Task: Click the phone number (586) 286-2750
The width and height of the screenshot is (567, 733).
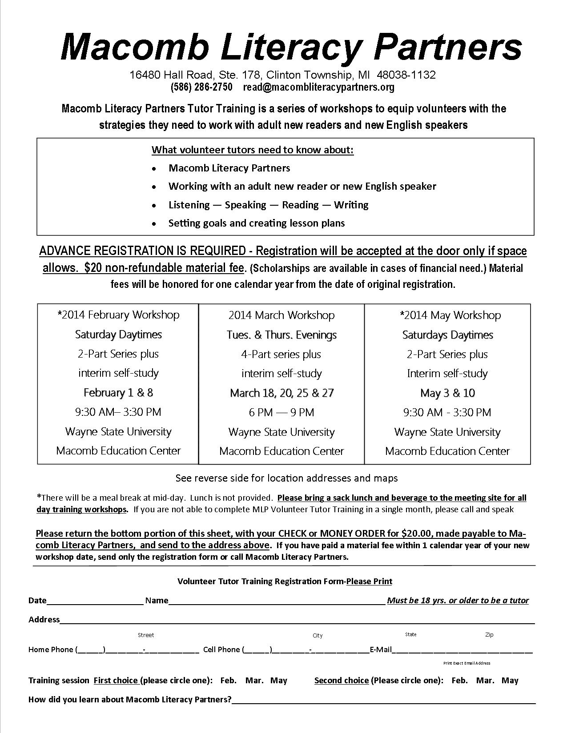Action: coord(201,87)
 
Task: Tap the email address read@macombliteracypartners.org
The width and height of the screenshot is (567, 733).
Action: coord(318,87)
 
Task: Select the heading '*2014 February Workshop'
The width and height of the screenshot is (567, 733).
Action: coord(118,315)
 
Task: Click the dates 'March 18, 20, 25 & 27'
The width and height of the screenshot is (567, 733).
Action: coord(281,393)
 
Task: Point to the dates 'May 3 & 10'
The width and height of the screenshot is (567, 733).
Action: coord(447,393)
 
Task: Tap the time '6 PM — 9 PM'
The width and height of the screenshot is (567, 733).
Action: coord(281,413)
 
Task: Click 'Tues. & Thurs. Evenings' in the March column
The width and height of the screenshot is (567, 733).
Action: coord(281,335)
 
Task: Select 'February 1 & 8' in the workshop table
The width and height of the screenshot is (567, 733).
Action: coord(118,393)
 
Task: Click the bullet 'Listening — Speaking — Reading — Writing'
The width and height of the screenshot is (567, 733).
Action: coord(268,205)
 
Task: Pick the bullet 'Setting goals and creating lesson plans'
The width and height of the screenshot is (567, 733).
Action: coord(257,223)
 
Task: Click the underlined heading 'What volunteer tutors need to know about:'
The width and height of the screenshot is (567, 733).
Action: coord(253,150)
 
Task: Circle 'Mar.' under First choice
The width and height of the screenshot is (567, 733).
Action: coord(255,680)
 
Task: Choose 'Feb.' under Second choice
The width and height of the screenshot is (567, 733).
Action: coord(459,680)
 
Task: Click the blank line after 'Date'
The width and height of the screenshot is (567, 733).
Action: coord(95,601)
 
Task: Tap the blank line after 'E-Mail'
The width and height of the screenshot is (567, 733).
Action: coord(462,649)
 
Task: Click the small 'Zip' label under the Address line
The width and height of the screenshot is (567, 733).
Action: coord(489,635)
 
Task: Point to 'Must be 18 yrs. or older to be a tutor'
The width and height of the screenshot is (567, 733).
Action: coord(458,601)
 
